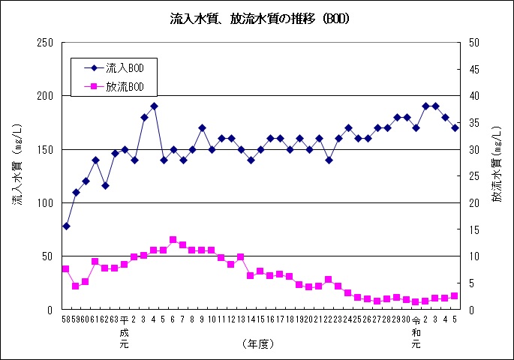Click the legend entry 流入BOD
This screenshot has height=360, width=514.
(x=115, y=68)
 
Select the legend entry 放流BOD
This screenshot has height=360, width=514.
(x=115, y=87)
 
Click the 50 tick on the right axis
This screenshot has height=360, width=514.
(x=474, y=43)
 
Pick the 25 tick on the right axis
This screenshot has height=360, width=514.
(x=474, y=176)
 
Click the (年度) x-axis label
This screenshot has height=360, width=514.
(x=259, y=343)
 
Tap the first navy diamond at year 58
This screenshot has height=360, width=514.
(x=66, y=226)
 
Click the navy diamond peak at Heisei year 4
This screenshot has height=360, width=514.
(x=154, y=106)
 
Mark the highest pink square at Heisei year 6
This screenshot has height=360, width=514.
(x=173, y=240)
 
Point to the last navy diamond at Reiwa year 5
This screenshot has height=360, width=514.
(x=455, y=128)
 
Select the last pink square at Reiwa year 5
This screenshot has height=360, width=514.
(x=455, y=295)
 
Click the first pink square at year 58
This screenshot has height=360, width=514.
(x=66, y=268)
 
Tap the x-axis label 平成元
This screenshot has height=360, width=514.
(x=125, y=332)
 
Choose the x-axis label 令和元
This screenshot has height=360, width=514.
(x=416, y=332)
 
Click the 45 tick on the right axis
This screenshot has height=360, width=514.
(x=474, y=70)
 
